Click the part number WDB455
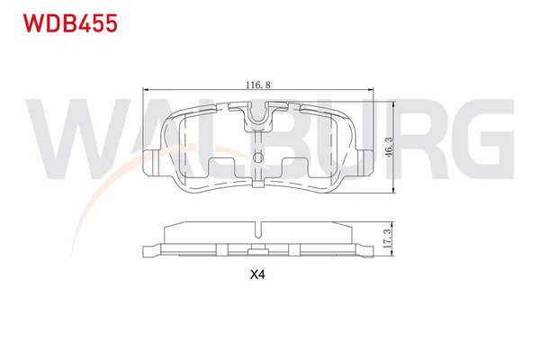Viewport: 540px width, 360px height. click(64, 23)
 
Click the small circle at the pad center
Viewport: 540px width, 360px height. click(258, 159)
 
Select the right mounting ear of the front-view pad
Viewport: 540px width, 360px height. click(364, 161)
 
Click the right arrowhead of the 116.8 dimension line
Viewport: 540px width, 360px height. click(370, 88)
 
